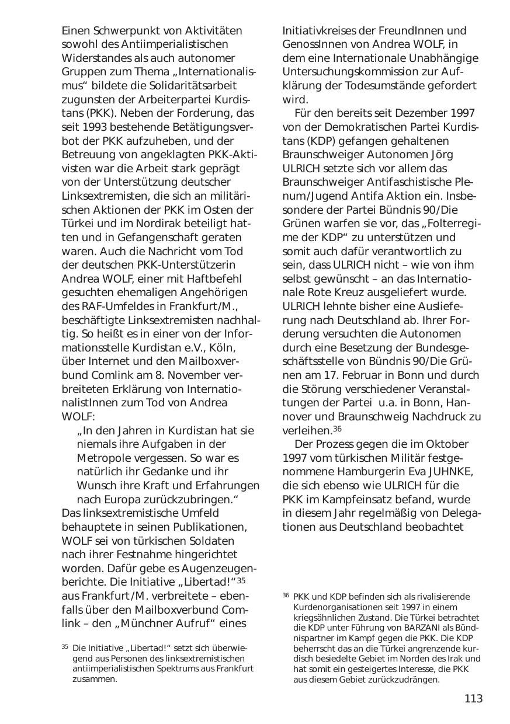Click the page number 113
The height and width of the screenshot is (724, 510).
tap(473, 699)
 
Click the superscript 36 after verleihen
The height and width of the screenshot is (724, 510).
tap(337, 429)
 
